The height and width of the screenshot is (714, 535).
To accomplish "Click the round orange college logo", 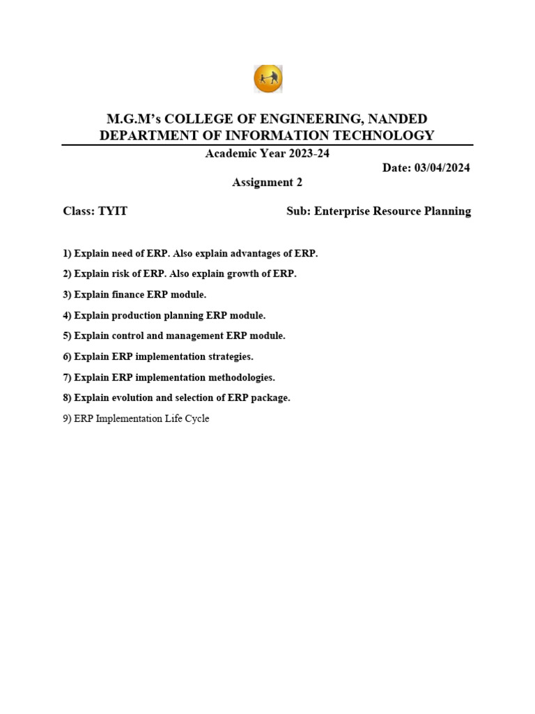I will click(267, 79).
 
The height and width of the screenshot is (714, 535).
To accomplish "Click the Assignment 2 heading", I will click(267, 183).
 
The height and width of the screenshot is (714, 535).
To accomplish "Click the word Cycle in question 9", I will click(196, 419).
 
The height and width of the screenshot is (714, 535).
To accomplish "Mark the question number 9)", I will click(68, 419).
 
